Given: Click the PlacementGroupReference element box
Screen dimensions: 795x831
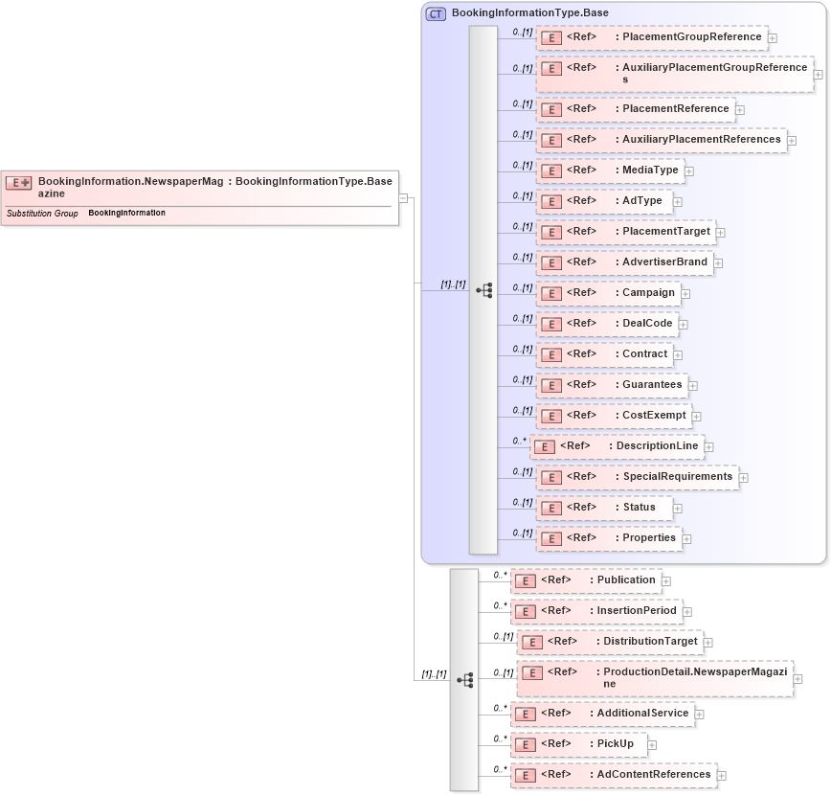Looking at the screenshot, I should tap(651, 37).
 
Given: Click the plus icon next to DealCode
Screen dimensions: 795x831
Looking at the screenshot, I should tap(684, 325).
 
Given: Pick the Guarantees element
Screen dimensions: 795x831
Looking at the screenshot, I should tap(612, 385).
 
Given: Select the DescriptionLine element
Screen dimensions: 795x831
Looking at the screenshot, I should tap(617, 446).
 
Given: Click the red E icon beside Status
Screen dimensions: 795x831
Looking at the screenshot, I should tap(550, 508).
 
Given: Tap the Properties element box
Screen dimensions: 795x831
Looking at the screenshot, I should tap(609, 538).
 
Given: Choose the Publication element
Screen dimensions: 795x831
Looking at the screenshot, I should tap(585, 580).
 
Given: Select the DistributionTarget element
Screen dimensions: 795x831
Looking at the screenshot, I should tap(609, 642).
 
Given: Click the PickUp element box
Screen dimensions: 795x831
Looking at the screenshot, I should tap(578, 743).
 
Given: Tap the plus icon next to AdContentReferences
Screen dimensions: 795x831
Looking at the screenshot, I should tap(722, 776).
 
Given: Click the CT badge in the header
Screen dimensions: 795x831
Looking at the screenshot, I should tap(436, 13).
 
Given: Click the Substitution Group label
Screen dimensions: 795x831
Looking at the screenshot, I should tap(42, 214).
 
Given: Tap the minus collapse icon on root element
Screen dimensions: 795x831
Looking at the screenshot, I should tap(404, 198).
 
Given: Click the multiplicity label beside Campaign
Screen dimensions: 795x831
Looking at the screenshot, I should tap(522, 287).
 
